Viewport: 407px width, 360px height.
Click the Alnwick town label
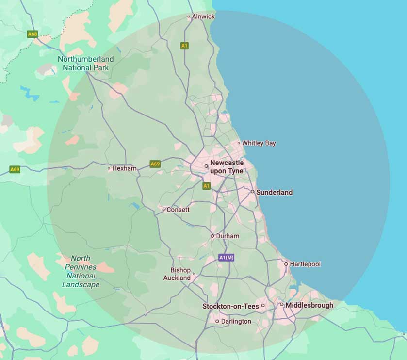pos(203,16)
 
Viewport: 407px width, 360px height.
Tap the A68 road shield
pos(33,34)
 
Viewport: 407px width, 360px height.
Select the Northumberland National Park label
pos(86,63)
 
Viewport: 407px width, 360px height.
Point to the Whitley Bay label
pos(259,143)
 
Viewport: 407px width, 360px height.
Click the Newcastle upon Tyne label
pos(227,167)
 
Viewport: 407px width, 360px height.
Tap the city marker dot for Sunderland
pos(252,192)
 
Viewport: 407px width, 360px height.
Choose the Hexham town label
pos(124,169)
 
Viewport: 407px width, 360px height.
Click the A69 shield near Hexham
pos(155,164)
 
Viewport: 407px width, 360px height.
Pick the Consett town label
pos(178,210)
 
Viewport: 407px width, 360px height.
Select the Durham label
pos(228,236)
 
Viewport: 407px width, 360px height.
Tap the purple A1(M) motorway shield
pos(227,258)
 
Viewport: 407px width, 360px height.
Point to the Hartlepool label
pos(305,264)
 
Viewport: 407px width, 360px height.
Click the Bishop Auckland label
pos(177,274)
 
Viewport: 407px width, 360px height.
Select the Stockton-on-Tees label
pos(230,306)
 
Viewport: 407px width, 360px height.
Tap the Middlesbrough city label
pos(309,305)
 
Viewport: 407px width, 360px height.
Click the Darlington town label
pos(236,321)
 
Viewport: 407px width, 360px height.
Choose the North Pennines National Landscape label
pos(81,271)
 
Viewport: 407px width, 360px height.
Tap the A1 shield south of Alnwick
pos(184,46)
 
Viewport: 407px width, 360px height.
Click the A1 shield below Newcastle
pos(207,186)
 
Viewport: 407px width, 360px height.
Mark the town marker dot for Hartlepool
pos(286,264)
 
